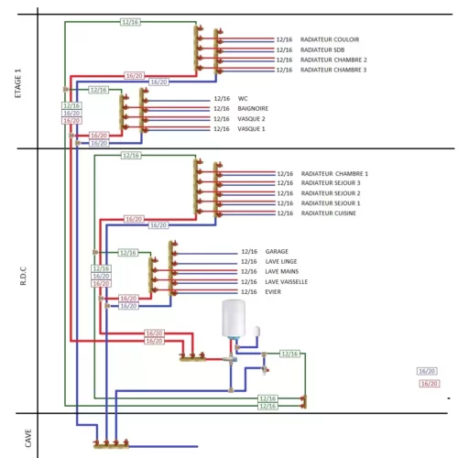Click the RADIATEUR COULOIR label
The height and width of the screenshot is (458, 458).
coord(330,39)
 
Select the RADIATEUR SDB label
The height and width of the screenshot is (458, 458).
coord(322,49)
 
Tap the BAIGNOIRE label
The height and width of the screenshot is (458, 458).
coord(253,108)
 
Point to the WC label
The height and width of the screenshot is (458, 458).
coord(243,99)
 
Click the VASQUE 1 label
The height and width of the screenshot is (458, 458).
coord(251,129)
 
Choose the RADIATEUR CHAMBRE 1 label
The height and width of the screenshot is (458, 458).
coord(334,174)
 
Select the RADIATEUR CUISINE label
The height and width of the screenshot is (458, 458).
coord(329,213)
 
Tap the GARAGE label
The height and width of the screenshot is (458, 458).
coord(277,251)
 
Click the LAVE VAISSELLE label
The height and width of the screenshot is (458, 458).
coord(287,281)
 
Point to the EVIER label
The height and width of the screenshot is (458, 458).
coord(273,291)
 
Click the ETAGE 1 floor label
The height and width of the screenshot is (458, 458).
coord(18,83)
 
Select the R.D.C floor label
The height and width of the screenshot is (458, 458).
coord(23,276)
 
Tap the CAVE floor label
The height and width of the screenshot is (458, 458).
coord(28,438)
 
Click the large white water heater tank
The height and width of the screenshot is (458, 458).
coord(234,319)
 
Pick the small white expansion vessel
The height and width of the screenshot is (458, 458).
coord(256,332)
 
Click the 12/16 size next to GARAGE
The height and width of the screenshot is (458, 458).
coord(249,251)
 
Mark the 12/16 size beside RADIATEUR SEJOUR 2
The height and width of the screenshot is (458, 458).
coord(285,193)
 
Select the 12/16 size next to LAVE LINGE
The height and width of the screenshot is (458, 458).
coord(249,261)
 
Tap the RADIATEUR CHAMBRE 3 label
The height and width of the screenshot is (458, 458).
coord(333,70)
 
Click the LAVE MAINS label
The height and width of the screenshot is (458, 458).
coord(282,271)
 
